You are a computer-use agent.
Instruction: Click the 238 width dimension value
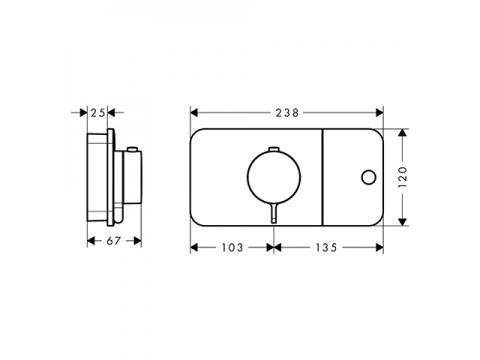287,113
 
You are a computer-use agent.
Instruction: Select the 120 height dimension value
403,177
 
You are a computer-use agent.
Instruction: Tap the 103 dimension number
232,248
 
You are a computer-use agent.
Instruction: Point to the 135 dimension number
326,248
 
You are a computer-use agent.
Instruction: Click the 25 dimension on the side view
98,113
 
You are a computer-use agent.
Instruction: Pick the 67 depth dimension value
114,241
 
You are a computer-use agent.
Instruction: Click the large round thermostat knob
274,177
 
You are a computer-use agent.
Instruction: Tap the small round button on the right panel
368,177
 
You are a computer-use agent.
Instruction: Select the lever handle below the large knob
274,213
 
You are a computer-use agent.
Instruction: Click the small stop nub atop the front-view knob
274,148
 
